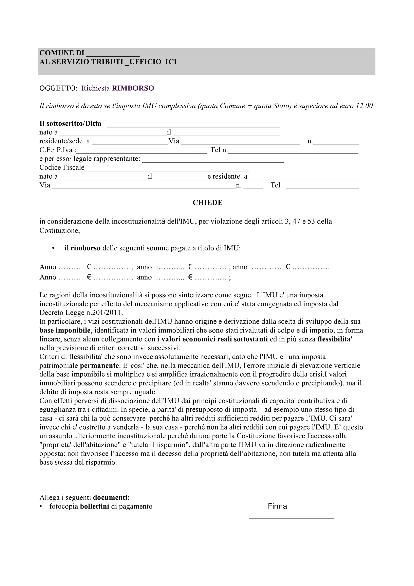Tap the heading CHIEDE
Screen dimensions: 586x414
207,203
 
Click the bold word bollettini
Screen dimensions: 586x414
94,507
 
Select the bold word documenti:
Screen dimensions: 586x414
111,497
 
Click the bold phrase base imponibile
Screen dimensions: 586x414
65,331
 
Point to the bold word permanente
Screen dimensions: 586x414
99,366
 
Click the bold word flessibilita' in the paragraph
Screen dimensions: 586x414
335,339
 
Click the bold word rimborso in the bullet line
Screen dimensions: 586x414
86,248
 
